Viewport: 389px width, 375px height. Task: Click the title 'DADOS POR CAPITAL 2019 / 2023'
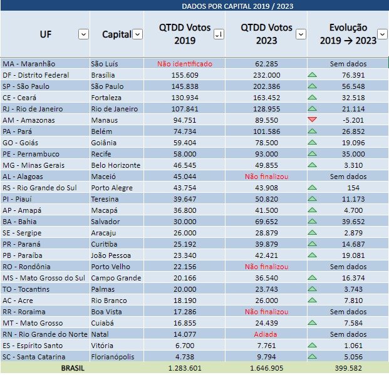pos(237,6)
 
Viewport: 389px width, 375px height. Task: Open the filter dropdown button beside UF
pos(83,34)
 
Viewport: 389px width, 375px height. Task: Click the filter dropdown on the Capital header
pos(137,34)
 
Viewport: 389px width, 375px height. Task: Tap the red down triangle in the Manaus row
pos(313,120)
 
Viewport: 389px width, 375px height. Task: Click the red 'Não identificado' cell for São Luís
pos(185,63)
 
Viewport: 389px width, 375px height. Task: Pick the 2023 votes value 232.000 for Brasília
pos(266,74)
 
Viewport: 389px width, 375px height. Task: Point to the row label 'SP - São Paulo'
pos(26,86)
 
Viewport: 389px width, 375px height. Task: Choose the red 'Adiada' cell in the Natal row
pos(266,334)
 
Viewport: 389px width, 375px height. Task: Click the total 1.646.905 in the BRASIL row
pos(266,368)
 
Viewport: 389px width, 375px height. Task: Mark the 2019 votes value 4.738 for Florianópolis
pos(185,356)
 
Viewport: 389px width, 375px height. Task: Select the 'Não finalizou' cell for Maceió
pos(266,176)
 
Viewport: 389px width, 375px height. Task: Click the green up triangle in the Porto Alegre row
pos(313,187)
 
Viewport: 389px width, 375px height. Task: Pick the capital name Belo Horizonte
pos(116,165)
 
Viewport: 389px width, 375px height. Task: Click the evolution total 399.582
pos(348,368)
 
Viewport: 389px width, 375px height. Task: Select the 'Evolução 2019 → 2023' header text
pos(348,34)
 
